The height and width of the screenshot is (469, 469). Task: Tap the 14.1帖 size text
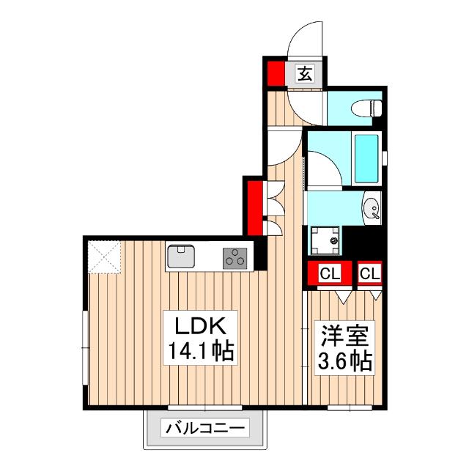[197, 352]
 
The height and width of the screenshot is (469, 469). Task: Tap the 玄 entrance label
[305, 73]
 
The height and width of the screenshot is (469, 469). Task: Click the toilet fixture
[367, 108]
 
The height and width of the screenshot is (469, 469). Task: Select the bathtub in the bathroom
[364, 159]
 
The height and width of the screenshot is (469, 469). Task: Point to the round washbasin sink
[372, 209]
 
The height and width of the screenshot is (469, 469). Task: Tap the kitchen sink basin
[181, 256]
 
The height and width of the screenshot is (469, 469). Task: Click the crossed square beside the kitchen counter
[103, 257]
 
